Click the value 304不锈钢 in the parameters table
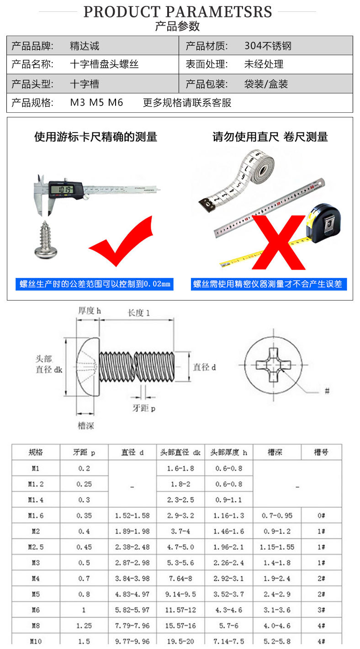pos(268,46)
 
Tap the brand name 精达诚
pos(85,46)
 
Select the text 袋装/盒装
pos(266,84)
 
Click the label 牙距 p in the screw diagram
pos(144,408)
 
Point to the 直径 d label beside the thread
pos(205,367)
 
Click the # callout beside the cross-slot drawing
pos(327,391)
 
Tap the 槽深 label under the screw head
pos(86,426)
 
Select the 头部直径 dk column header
pos(180,452)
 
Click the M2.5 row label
pos(36,547)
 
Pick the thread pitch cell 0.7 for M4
pos(84,578)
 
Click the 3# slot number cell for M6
pos(321,610)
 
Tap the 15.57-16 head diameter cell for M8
pos(180,626)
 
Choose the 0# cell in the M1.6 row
pos(321,516)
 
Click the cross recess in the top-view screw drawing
pos(273,365)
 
